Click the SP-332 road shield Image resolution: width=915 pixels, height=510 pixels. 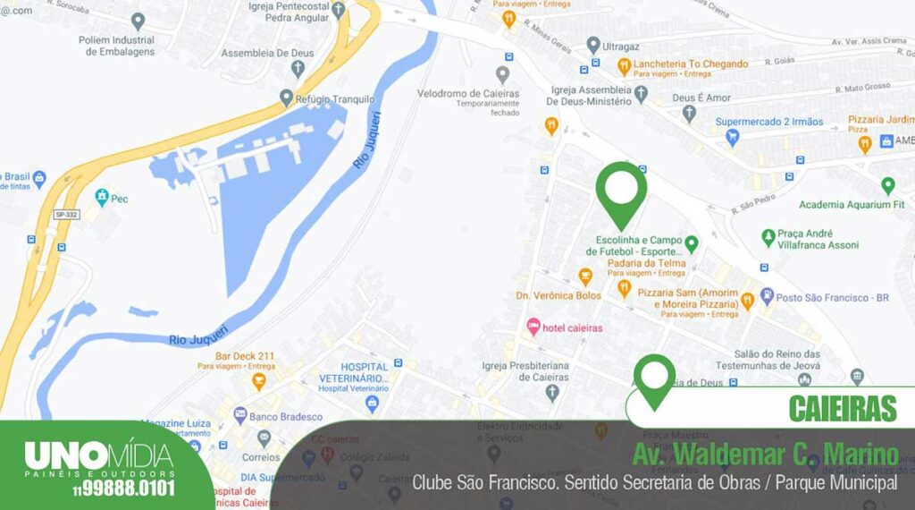pos(66,215)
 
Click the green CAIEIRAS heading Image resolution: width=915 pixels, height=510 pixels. pos(842,408)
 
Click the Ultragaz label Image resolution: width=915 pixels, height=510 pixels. pos(625,45)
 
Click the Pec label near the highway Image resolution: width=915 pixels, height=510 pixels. pos(119,199)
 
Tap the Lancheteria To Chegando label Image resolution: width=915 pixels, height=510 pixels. pos(691,64)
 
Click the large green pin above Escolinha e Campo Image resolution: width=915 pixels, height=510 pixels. pos(621,191)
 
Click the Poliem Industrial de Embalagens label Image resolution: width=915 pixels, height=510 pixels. pos(116,46)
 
